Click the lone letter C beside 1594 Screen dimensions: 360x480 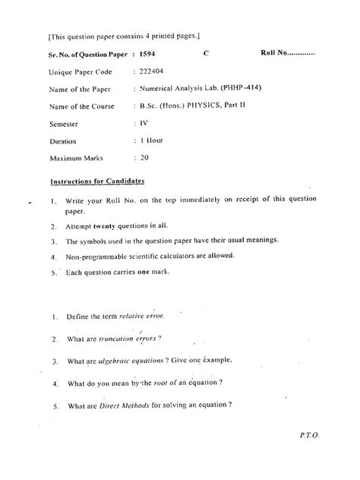point(207,55)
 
